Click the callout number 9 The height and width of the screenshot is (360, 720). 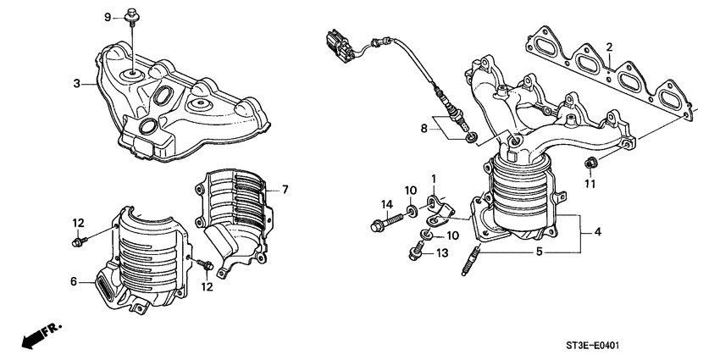click(108, 17)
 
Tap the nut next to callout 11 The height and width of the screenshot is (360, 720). click(590, 162)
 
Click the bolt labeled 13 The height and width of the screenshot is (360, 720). click(418, 251)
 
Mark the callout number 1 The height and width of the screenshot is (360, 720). click(433, 179)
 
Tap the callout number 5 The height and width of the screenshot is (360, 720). click(540, 252)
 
